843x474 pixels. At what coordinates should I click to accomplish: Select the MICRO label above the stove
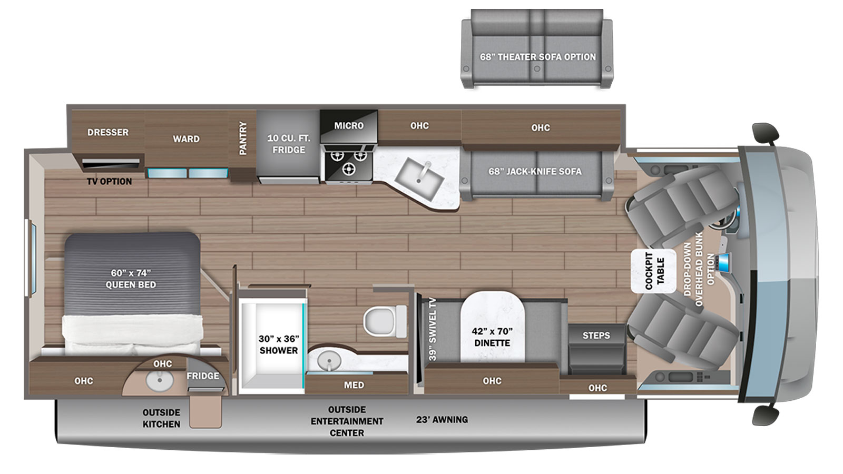click(349, 126)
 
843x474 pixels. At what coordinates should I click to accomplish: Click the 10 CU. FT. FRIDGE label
click(289, 144)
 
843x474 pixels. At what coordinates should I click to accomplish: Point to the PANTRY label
click(243, 138)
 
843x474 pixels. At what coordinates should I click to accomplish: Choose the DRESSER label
click(108, 132)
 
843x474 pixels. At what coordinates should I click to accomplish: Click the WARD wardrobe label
click(187, 139)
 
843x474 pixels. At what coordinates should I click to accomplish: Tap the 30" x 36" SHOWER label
click(279, 344)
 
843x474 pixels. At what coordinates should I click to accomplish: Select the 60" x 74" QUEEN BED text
click(131, 279)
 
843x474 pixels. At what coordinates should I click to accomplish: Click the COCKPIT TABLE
click(654, 271)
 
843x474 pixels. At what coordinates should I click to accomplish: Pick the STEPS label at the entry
click(596, 335)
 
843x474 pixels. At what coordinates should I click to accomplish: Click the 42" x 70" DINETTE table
click(492, 327)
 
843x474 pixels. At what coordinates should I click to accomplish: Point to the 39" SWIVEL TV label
click(433, 329)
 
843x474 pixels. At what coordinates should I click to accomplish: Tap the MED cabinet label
click(354, 385)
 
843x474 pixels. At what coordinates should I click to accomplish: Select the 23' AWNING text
click(442, 419)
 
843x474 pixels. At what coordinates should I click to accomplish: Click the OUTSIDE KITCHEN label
click(161, 418)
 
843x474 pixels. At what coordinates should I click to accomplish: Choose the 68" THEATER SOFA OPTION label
click(538, 57)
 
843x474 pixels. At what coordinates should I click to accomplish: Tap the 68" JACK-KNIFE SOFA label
click(535, 171)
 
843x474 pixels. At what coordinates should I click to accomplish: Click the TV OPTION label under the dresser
click(110, 181)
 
